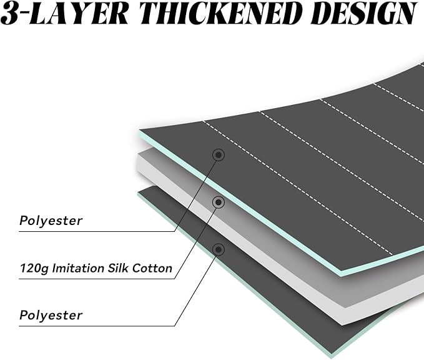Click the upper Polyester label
51,221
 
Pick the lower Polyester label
51,316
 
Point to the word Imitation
79,268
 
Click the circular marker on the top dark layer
219,155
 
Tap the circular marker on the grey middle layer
219,202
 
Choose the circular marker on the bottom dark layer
219,249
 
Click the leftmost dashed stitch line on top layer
298,187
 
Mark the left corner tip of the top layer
139,131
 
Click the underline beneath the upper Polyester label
97,231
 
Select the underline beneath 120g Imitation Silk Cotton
97,279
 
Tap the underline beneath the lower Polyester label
97,326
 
